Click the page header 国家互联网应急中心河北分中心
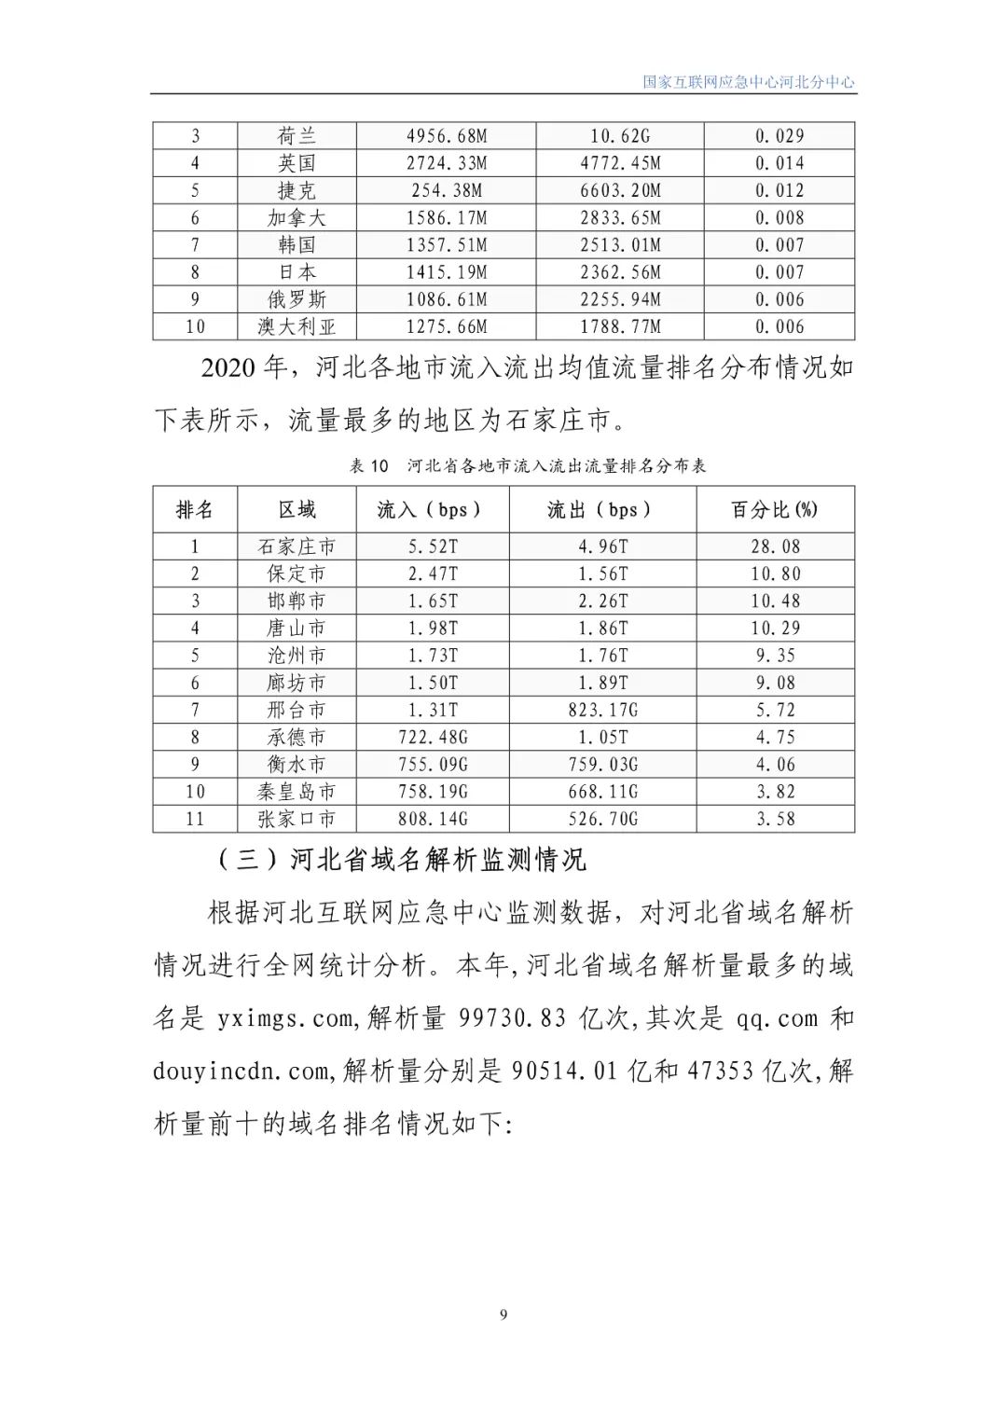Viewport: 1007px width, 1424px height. point(748,82)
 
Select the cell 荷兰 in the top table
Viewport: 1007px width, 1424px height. point(297,136)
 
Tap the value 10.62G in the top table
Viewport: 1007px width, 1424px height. point(620,136)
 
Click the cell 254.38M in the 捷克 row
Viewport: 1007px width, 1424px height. point(447,191)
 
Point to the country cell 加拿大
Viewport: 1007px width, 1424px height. point(297,218)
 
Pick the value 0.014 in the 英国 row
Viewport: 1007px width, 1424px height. point(779,163)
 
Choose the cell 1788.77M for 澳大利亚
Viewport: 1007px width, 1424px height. point(620,327)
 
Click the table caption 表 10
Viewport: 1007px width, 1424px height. point(368,465)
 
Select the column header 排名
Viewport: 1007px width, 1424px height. point(195,510)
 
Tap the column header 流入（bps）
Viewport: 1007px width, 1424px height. point(432,510)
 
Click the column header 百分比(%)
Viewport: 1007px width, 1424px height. point(775,510)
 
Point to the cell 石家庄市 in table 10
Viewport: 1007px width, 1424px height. point(297,546)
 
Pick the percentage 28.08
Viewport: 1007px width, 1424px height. point(776,546)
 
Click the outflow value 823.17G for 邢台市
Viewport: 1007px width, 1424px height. point(603,711)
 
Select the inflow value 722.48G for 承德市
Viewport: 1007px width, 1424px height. point(433,738)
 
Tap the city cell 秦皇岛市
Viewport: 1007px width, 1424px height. point(297,792)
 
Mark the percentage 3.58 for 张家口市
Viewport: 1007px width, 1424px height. point(776,819)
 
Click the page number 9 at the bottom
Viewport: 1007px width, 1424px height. point(504,1315)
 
